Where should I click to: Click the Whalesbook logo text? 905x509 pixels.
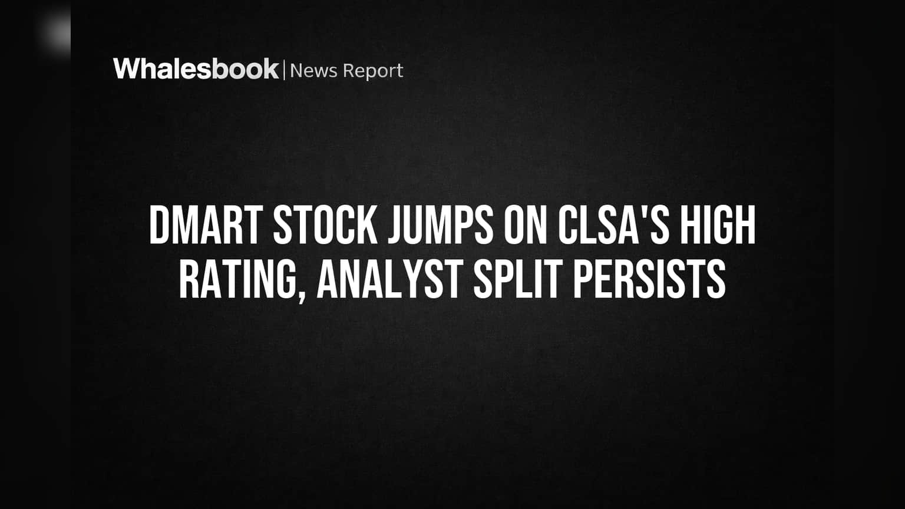[x=196, y=69]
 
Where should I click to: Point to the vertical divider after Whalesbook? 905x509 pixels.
[x=285, y=70]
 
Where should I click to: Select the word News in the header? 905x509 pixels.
[x=313, y=71]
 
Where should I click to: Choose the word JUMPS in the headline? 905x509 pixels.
[x=440, y=224]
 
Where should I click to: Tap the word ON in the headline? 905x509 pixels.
[x=525, y=224]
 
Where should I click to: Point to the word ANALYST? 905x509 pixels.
[x=390, y=279]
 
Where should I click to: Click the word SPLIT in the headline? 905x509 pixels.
[x=518, y=279]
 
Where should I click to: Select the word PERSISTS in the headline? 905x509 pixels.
[x=650, y=279]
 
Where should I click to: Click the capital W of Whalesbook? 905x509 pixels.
[x=128, y=69]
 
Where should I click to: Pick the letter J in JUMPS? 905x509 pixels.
[x=396, y=224]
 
